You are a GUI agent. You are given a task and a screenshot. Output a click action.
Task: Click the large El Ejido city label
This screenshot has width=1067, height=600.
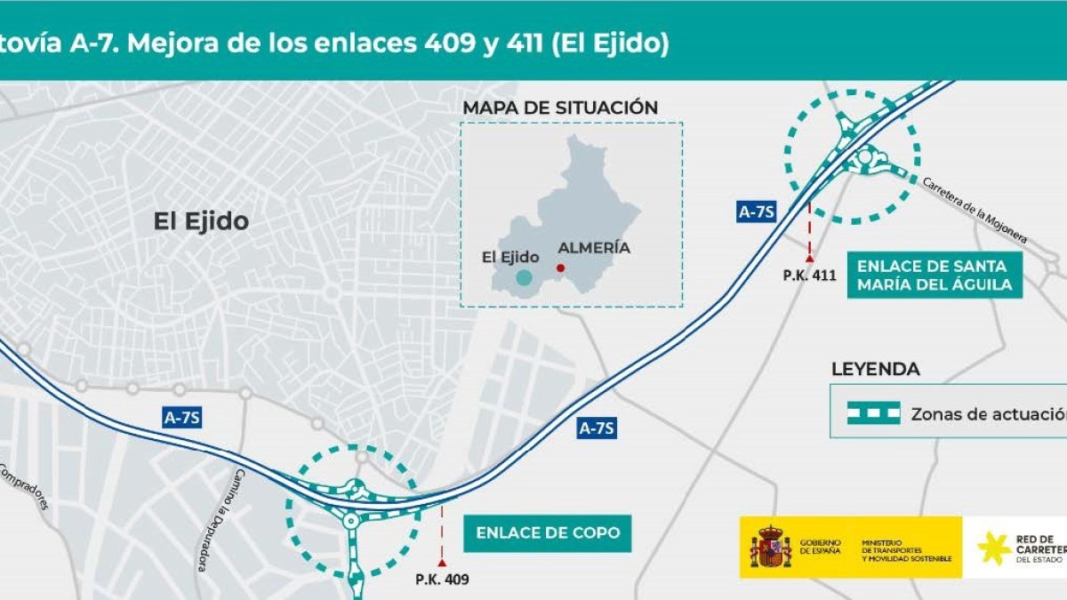coord(201,221)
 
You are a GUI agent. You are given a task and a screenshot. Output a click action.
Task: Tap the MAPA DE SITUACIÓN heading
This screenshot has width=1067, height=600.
coord(560,108)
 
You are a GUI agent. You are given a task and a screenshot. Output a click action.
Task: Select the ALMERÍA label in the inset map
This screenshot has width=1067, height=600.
coord(593,248)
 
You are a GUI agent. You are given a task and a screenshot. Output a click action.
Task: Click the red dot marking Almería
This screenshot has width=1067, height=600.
coord(560,268)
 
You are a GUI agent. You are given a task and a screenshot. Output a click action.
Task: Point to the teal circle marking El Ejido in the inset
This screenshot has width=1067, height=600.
coord(525,278)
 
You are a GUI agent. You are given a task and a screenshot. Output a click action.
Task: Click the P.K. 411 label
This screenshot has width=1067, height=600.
coord(810,275)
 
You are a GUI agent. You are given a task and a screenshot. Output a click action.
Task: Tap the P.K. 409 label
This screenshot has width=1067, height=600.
coord(442,580)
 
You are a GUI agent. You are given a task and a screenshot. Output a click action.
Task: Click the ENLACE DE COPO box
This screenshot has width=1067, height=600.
coord(548,533)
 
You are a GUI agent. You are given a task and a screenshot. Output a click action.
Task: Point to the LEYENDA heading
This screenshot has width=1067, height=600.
coord(875,369)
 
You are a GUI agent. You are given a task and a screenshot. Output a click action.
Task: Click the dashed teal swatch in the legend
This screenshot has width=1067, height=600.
coord(873,413)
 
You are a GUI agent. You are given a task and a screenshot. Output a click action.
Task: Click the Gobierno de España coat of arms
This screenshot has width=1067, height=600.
coord(770,548)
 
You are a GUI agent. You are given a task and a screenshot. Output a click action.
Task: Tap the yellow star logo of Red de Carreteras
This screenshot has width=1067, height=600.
coord(994,548)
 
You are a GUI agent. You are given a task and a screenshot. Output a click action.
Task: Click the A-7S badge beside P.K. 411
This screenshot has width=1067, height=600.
coord(758,212)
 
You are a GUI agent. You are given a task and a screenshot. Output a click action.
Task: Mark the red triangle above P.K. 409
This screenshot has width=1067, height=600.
coord(442,564)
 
